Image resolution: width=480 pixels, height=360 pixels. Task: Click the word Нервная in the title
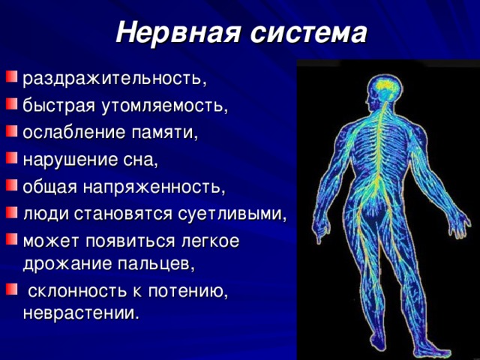tap(178, 32)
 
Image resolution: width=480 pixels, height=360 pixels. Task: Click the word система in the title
tap(308, 32)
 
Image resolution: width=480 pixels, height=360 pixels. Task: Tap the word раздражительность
tap(115, 79)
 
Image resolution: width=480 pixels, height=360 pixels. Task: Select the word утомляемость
tap(165, 106)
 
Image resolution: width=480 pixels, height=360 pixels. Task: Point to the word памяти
tap(165, 133)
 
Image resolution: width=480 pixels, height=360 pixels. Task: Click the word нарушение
tap(70, 160)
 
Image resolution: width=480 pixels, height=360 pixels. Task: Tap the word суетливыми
tap(232, 214)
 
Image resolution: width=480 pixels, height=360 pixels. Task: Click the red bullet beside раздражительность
tap(11, 76)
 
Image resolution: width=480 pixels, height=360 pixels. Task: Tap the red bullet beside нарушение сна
tap(11, 157)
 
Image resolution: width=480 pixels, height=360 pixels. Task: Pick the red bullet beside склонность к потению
tap(11, 289)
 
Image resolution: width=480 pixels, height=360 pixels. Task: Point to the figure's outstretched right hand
tap(459, 226)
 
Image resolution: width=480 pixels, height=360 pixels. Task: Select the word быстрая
tap(58, 106)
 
